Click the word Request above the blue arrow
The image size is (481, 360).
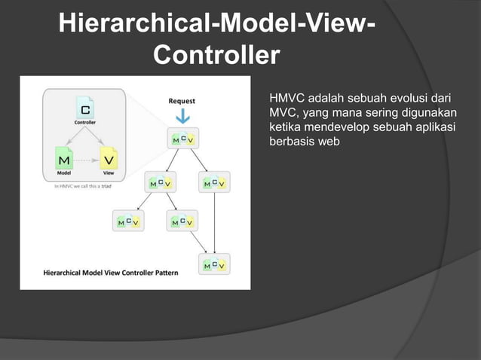coord(182,100)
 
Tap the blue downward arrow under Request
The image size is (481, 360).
coord(182,117)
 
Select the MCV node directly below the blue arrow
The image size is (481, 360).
coord(182,139)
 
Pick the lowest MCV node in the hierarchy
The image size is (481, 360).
coord(214,264)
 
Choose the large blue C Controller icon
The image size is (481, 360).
coord(84,107)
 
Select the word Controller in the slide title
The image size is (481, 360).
coord(216,56)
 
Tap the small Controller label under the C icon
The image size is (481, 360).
coord(84,122)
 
